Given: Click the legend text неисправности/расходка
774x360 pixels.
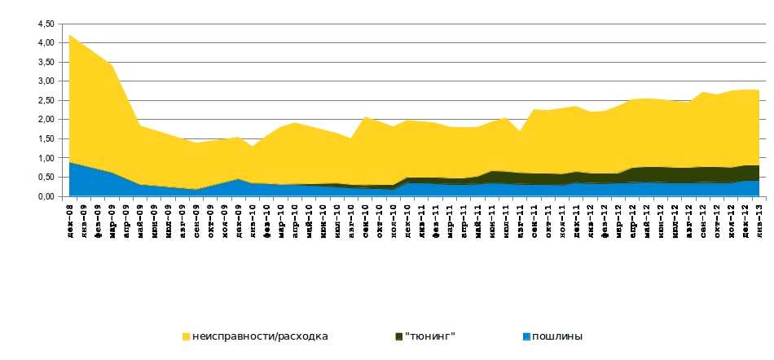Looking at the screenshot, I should tap(260, 336).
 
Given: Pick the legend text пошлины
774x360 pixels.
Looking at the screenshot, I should tap(558, 336).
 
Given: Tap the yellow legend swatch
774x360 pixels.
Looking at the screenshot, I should tap(187, 336).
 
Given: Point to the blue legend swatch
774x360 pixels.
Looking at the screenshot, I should tap(527, 336).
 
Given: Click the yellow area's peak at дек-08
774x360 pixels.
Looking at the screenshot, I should tap(70, 35).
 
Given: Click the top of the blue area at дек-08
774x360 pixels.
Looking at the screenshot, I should tap(70, 162).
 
